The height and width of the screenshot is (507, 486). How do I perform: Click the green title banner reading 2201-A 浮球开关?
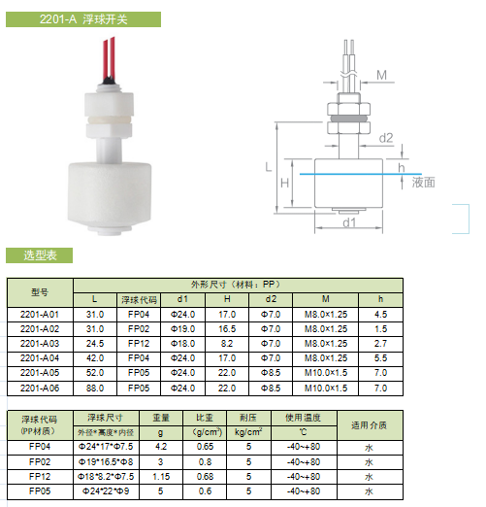click(x=83, y=19)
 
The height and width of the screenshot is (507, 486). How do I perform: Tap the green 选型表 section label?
click(x=39, y=255)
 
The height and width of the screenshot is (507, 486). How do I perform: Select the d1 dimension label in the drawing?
click(x=349, y=222)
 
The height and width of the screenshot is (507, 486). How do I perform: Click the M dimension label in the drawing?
click(x=381, y=76)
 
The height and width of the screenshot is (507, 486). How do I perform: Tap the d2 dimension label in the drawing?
click(x=386, y=138)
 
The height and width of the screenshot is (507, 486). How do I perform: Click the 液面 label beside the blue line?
click(x=423, y=183)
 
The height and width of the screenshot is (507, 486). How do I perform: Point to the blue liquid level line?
click(x=361, y=174)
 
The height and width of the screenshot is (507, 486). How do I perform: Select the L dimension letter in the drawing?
click(x=269, y=167)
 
